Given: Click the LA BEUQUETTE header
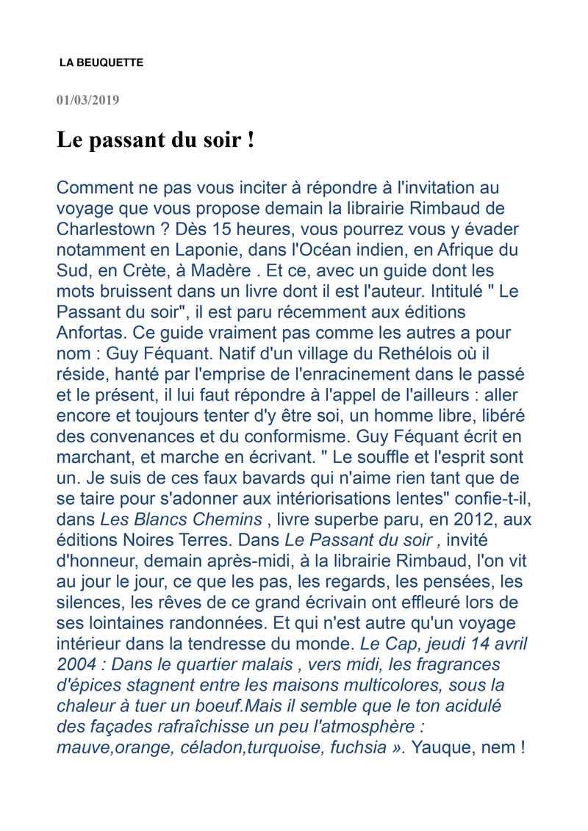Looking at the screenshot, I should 101,63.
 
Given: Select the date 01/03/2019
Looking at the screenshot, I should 87,99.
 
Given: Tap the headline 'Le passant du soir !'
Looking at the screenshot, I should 156,140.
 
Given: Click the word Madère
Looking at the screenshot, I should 217,270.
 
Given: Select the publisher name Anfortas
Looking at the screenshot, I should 87,333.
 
